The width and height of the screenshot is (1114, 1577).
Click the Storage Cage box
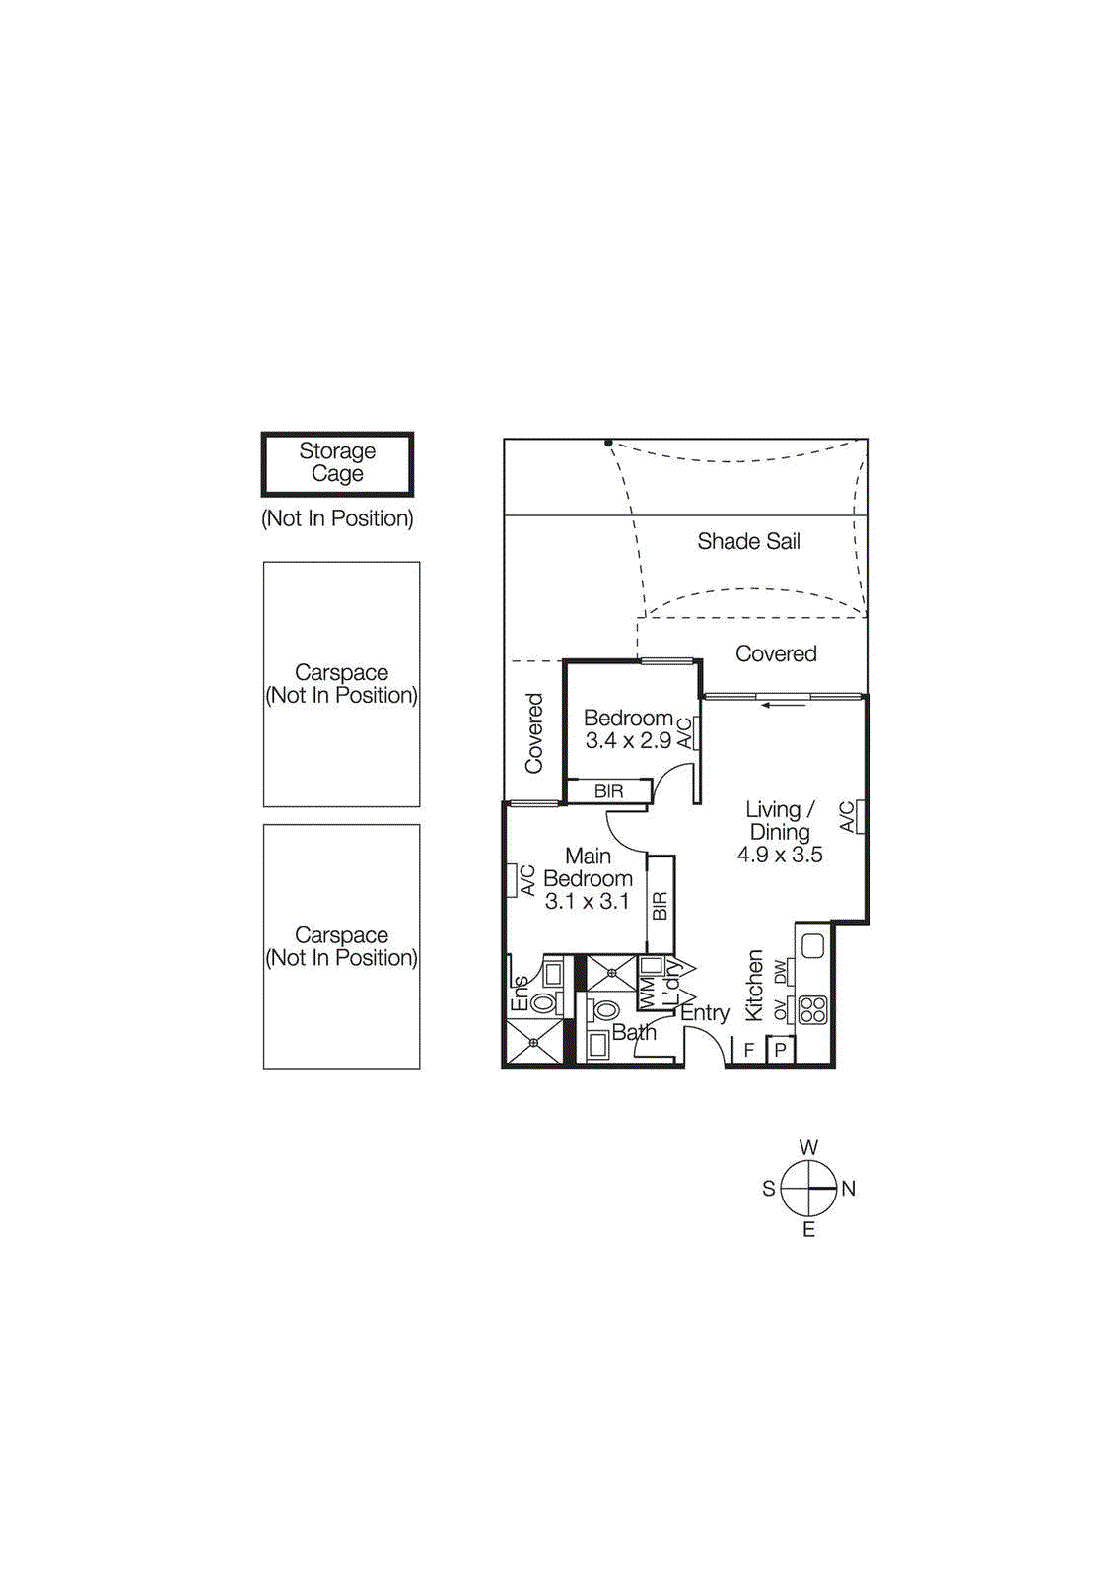click(337, 463)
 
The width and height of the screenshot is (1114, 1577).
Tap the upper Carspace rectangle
click(341, 684)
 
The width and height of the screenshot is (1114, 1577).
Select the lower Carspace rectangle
click(341, 946)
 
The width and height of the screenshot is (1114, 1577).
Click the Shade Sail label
click(748, 541)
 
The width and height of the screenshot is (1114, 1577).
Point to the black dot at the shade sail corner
click(608, 444)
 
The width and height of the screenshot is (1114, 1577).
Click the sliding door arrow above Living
click(785, 704)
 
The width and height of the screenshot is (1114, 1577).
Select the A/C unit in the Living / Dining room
click(860, 817)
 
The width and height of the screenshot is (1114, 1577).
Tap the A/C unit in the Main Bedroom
click(513, 880)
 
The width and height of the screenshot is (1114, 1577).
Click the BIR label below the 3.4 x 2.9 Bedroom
click(608, 791)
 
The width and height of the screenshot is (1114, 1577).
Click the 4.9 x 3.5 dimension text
click(780, 855)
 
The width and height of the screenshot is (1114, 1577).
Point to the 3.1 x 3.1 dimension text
click(587, 901)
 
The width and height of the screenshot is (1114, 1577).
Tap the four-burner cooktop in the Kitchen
click(812, 1009)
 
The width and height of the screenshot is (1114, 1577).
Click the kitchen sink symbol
click(812, 946)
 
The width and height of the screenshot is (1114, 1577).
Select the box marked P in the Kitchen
click(780, 1050)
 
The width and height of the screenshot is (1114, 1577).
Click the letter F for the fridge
click(749, 1050)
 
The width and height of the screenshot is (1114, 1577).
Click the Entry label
click(705, 1013)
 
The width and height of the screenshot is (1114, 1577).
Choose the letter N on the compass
click(849, 1189)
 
